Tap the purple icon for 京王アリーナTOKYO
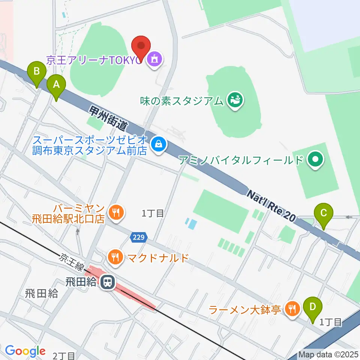154,58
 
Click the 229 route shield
139,237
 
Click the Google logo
25,351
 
